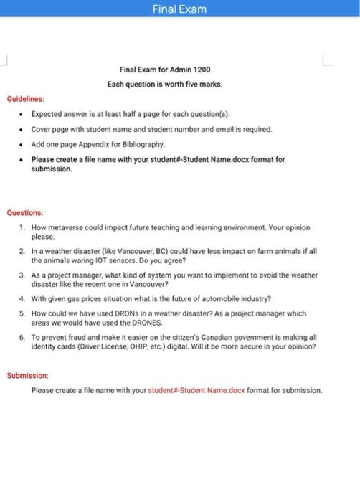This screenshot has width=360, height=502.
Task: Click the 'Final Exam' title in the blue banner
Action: click(179, 9)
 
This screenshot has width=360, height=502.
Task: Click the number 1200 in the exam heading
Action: click(200, 70)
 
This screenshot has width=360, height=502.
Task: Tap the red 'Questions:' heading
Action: click(25, 213)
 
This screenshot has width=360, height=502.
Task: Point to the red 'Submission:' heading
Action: click(27, 375)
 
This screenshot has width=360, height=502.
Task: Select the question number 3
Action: click(22, 275)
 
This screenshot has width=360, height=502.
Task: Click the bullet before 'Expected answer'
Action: click(23, 114)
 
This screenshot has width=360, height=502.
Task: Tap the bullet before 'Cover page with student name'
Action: click(23, 129)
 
